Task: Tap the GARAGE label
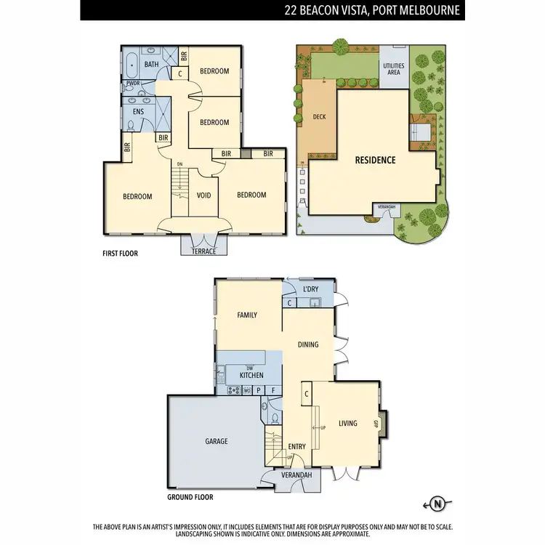[217, 441]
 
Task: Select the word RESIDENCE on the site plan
[375, 160]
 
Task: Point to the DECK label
[318, 116]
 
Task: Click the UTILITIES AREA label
[393, 70]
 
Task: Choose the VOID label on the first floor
[203, 195]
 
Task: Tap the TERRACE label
[203, 251]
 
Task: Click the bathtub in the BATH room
[132, 65]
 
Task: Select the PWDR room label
[133, 84]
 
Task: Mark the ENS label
[138, 112]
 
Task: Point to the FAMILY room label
[248, 315]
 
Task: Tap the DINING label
[308, 344]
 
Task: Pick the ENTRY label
[296, 447]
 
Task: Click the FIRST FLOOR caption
[120, 254]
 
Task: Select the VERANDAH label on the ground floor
[298, 475]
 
